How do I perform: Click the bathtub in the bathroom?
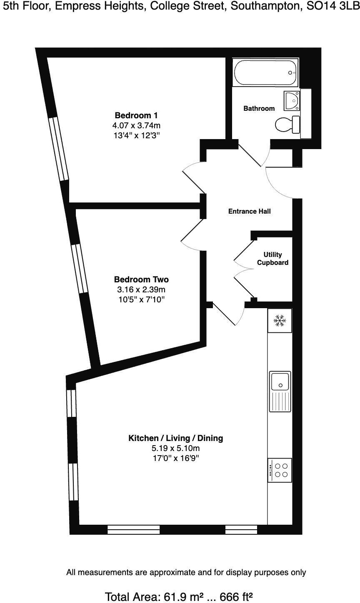pyautogui.click(x=265, y=72)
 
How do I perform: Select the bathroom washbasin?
pyautogui.click(x=292, y=100)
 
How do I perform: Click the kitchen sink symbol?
pyautogui.click(x=280, y=391)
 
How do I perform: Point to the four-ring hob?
pyautogui.click(x=280, y=470)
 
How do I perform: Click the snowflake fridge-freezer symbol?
pyautogui.click(x=280, y=321)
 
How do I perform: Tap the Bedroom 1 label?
pyautogui.click(x=136, y=115)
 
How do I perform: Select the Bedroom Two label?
pyautogui.click(x=141, y=279)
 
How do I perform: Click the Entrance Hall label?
pyautogui.click(x=249, y=212)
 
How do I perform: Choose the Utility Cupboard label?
pyautogui.click(x=272, y=259)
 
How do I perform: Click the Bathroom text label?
pyautogui.click(x=259, y=109)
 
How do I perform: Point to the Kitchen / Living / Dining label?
pyautogui.click(x=175, y=438)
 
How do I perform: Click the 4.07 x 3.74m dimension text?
pyautogui.click(x=136, y=125)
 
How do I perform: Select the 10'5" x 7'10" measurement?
pyautogui.click(x=141, y=299)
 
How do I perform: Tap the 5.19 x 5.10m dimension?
pyautogui.click(x=175, y=449)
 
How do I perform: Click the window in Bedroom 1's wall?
pyautogui.click(x=59, y=149)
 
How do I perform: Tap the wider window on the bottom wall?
pyautogui.click(x=133, y=530)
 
